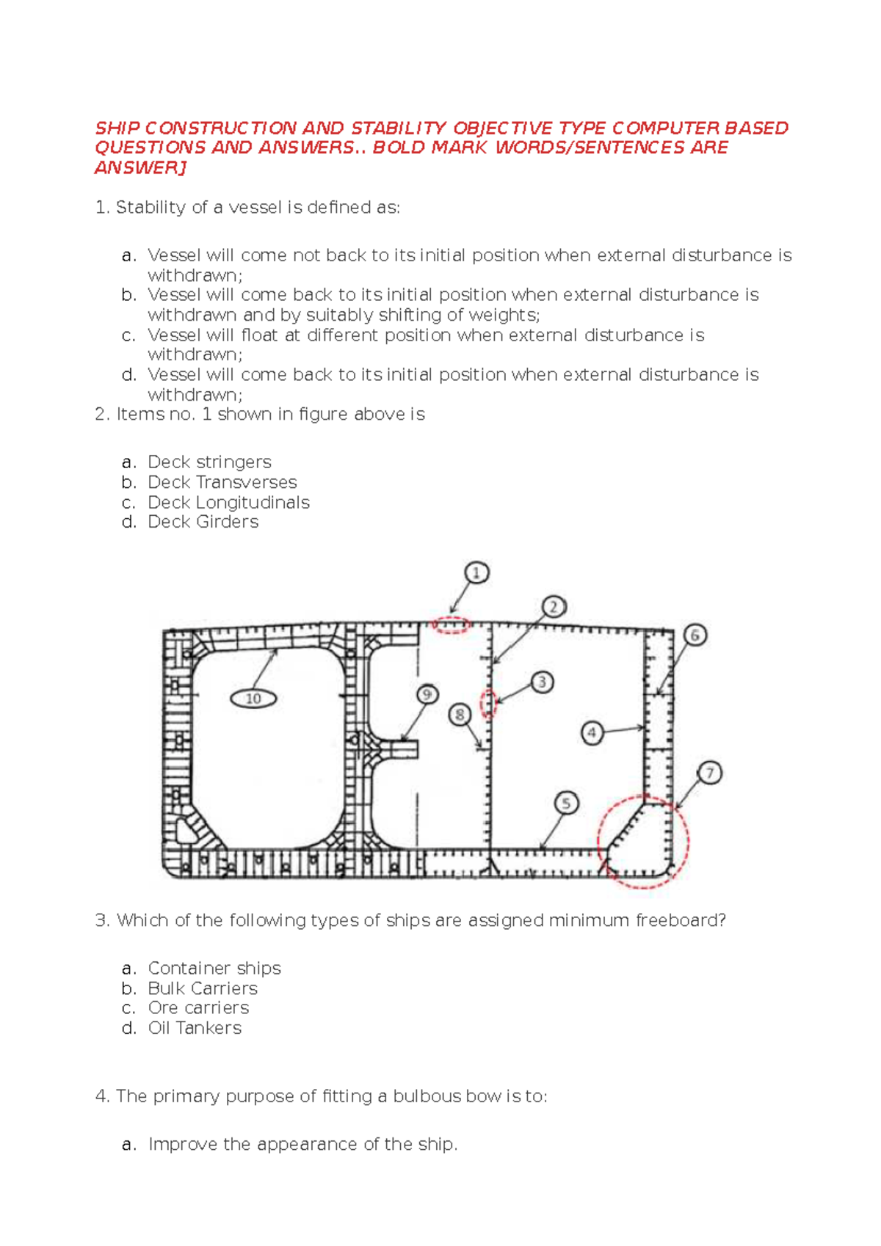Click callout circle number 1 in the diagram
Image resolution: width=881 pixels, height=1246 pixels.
coord(476,573)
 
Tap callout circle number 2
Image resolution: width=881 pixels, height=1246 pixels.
coord(554,607)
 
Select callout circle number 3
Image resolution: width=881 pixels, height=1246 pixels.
coord(542,682)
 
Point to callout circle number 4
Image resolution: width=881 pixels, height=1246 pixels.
coord(592,732)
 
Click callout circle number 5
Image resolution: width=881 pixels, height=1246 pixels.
coord(566,804)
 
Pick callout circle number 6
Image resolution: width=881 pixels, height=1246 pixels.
coord(695,635)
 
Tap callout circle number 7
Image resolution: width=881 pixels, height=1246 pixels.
coord(709,773)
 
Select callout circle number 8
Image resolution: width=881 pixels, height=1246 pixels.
coord(460,714)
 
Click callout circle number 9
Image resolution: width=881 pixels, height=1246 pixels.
coord(427,694)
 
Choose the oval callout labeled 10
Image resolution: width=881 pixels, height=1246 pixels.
coord(253,699)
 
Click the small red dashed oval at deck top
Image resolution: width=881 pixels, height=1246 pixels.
coord(450,625)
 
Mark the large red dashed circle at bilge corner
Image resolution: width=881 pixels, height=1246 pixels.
coord(644,842)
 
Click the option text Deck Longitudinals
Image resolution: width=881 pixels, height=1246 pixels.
coord(228,503)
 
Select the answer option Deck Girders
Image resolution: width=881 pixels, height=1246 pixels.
coord(203,522)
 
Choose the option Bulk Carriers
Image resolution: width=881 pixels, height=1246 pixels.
coord(203,988)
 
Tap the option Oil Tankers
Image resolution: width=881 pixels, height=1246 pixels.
coord(195,1028)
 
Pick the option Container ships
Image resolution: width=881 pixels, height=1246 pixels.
coord(214,969)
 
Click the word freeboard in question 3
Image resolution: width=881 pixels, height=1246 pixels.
coord(680,920)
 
